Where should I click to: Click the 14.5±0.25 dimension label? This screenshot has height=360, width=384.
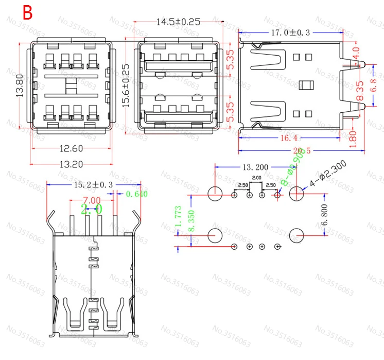[x=178, y=22]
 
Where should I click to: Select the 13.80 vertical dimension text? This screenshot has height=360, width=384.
[x=20, y=85]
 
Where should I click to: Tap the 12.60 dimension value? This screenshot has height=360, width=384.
[x=71, y=149]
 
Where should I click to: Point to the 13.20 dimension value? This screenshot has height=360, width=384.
[x=71, y=165]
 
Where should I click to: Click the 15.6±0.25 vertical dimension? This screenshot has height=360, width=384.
[x=126, y=85]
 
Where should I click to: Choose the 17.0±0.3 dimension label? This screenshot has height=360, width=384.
[x=290, y=32]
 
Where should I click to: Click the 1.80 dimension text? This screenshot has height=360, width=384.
[x=353, y=138]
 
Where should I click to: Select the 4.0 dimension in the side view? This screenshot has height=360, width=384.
[x=356, y=53]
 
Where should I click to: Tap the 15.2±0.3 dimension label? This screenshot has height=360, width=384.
[x=93, y=184]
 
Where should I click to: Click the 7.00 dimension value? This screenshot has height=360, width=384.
[x=92, y=200]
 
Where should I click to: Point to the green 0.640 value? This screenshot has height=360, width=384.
[x=136, y=194]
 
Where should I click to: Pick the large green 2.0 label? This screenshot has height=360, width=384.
[x=92, y=209]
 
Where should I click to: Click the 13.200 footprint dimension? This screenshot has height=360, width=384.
[x=255, y=167]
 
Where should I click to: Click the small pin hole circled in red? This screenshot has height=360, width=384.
[x=278, y=195]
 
